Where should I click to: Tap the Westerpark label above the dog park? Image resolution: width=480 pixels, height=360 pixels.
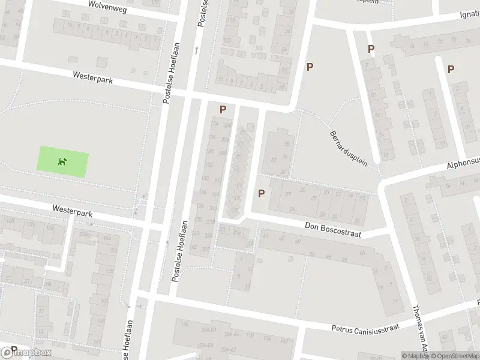[x=93, y=77]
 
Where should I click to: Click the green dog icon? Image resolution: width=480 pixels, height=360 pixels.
[x=62, y=161]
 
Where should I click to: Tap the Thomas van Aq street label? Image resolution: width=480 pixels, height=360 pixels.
[x=418, y=334]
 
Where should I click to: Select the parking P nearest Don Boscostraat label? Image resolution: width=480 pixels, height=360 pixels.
[x=261, y=193]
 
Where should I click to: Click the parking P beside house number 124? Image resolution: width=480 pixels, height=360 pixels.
[x=223, y=110]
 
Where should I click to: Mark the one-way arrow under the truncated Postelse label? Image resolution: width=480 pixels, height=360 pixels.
[x=196, y=50]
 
